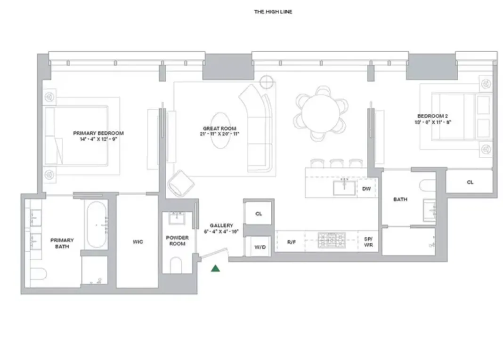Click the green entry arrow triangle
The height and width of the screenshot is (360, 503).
coord(215,268)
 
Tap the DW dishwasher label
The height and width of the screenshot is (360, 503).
coord(366,189)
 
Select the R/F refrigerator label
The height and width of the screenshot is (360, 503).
coord(291,242)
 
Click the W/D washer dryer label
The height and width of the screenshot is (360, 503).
coord(259,247)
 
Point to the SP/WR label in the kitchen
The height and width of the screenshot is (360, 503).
coord(368,242)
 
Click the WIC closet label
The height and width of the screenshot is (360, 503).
coord(138,242)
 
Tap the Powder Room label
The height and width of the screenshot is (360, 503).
coord(177,240)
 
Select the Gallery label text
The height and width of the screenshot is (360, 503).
coord(221,225)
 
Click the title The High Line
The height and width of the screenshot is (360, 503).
coord(273,12)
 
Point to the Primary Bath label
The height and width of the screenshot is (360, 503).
coord(62,243)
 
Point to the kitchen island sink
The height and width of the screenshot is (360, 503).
coord(345,187)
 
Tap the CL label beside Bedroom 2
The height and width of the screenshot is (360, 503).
coord(470,182)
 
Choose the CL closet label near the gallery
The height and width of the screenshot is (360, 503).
coord(259,214)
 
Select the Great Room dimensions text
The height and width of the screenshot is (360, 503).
coord(219,134)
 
